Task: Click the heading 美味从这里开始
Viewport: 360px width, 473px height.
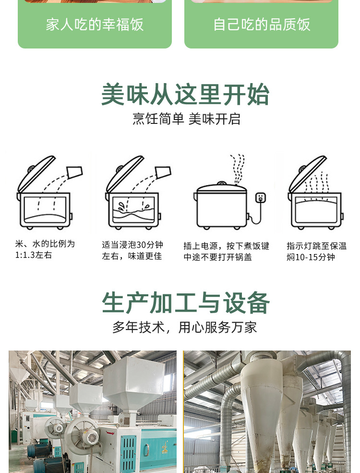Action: tap(185, 95)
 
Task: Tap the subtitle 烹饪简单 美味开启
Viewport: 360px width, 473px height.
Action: tap(186, 119)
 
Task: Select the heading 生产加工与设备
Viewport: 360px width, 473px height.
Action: tap(186, 303)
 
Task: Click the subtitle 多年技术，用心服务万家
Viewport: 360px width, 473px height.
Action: tap(184, 327)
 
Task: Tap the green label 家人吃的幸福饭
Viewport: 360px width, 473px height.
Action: tap(95, 24)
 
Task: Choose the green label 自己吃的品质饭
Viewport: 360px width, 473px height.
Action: tap(262, 24)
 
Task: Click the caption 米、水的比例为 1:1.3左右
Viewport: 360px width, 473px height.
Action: tap(45, 250)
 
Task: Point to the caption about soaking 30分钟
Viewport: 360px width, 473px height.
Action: tap(132, 250)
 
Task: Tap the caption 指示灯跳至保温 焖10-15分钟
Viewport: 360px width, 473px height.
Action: tap(317, 252)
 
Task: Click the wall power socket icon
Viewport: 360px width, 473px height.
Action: tap(261, 197)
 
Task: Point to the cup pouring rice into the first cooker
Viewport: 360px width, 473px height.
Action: tap(74, 172)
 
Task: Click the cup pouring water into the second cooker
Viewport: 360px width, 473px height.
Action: tap(163, 172)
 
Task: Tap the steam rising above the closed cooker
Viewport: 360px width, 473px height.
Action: tap(238, 169)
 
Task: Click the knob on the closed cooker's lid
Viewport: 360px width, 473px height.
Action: tap(222, 183)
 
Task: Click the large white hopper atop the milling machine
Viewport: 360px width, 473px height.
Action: tap(134, 383)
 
